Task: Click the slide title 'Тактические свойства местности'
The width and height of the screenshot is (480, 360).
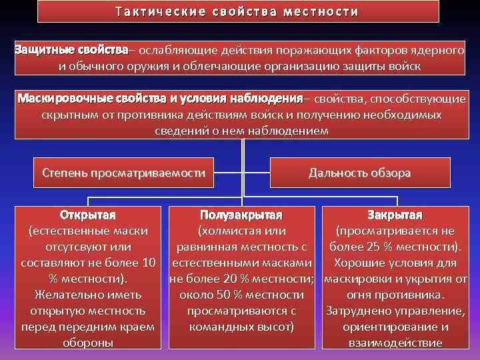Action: (x=237, y=12)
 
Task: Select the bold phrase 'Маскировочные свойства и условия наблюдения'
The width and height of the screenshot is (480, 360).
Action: (x=161, y=99)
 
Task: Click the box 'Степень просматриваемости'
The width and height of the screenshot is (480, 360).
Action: (x=123, y=173)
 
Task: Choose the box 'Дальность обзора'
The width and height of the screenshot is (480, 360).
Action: (x=359, y=173)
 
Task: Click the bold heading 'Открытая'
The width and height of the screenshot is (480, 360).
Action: (x=88, y=215)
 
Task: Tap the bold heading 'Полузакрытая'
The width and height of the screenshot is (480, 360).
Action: (x=241, y=215)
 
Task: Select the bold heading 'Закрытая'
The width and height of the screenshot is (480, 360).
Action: (x=395, y=215)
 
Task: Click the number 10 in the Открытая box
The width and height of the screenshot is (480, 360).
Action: (x=149, y=263)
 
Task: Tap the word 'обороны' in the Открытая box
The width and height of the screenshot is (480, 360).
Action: (x=88, y=343)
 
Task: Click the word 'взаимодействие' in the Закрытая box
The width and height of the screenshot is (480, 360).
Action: (x=395, y=343)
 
